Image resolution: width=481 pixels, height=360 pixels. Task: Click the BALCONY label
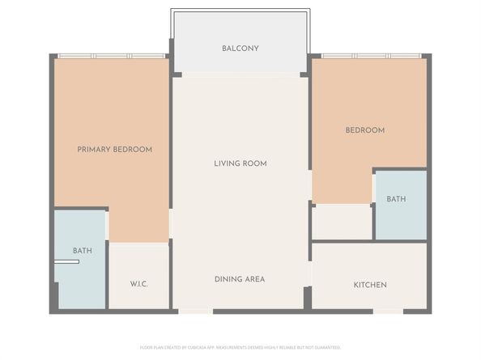pos(240,49)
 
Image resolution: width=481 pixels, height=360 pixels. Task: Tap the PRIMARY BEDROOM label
pos(114,150)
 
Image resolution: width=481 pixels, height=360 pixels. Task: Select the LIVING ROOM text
pos(240,163)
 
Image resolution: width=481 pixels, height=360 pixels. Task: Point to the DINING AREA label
pos(240,279)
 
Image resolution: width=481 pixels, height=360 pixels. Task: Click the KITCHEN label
pos(369,285)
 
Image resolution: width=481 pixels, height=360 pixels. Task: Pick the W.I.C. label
pos(138,284)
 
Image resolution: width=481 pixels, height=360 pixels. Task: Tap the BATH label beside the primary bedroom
pos(82,251)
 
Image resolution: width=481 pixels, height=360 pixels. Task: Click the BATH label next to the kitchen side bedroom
pos(396,199)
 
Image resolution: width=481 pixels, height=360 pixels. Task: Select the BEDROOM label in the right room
pos(364,130)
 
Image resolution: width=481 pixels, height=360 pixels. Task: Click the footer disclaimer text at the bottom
pos(240,347)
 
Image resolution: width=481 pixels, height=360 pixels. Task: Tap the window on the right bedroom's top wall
pos(370,56)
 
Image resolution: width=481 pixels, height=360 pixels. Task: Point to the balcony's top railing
pos(240,11)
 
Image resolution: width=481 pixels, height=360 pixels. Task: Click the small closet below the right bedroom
pos(342,222)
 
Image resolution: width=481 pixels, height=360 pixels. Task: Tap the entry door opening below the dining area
pos(195,310)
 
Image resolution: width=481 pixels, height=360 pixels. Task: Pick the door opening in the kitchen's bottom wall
pos(388,310)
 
